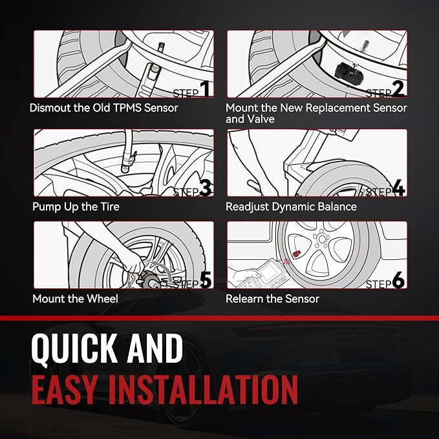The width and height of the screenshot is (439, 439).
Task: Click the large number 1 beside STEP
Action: click(x=205, y=89)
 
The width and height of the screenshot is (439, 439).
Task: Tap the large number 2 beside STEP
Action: click(x=398, y=89)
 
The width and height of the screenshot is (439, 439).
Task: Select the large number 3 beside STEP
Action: click(x=206, y=188)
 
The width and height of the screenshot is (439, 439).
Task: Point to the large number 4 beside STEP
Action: click(x=399, y=188)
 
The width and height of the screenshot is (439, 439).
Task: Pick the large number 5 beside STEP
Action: click(x=206, y=280)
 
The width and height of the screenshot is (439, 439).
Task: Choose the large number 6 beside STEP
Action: click(x=398, y=280)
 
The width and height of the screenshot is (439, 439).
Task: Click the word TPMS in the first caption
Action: click(x=127, y=108)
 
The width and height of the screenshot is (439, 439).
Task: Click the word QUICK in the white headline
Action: click(x=73, y=349)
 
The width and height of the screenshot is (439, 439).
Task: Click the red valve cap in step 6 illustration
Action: click(x=296, y=255)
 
